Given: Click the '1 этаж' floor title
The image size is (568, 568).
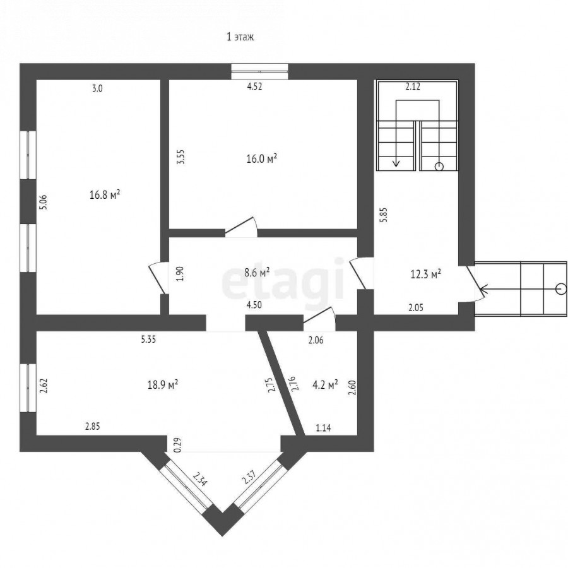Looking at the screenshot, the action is pyautogui.click(x=240, y=37).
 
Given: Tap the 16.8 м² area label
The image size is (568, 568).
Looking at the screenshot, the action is pyautogui.click(x=105, y=195).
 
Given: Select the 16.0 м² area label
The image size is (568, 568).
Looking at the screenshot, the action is pyautogui.click(x=262, y=158).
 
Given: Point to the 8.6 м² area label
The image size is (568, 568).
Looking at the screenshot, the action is pyautogui.click(x=257, y=273).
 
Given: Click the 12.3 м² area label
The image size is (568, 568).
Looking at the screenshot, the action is pyautogui.click(x=425, y=274).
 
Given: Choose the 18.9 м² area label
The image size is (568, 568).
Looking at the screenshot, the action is pyautogui.click(x=163, y=384).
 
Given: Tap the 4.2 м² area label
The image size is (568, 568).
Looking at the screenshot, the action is pyautogui.click(x=325, y=384).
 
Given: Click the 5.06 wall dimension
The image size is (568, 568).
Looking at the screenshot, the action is pyautogui.click(x=44, y=202).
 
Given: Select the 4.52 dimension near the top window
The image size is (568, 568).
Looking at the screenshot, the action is pyautogui.click(x=254, y=86).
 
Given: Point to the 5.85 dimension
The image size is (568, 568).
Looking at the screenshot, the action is pyautogui.click(x=384, y=215).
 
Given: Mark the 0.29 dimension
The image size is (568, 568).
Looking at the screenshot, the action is pyautogui.click(x=177, y=445).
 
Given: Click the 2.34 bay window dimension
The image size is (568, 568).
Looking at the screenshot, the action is pyautogui.click(x=200, y=479).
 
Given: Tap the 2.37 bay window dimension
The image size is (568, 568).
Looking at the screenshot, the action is pyautogui.click(x=249, y=477).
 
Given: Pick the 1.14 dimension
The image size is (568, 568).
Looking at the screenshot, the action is pyautogui.click(x=324, y=428).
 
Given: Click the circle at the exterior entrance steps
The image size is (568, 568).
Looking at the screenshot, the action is pyautogui.click(x=561, y=288).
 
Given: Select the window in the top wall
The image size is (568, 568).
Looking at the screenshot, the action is pyautogui.click(x=260, y=71).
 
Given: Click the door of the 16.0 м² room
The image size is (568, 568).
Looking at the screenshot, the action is pyautogui.click(x=241, y=227).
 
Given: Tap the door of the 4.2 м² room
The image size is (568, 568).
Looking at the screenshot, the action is pyautogui.click(x=319, y=319).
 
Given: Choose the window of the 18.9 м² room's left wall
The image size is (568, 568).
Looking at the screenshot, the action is pyautogui.click(x=28, y=388).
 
